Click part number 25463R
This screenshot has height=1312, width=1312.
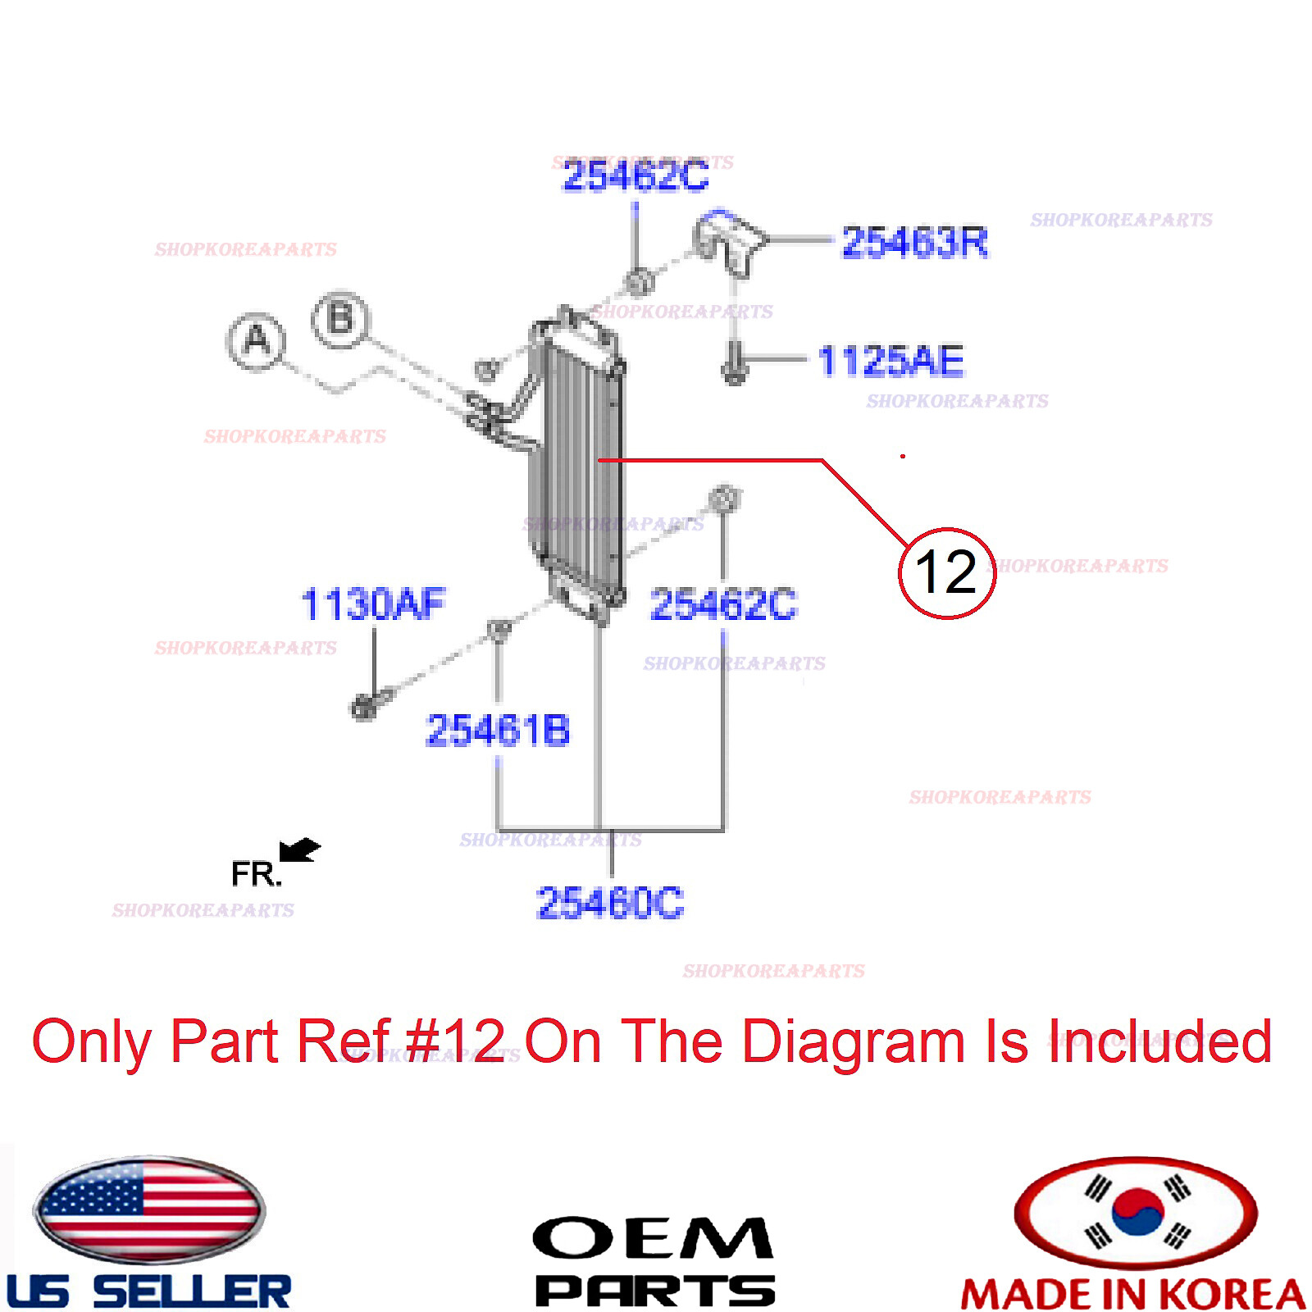(914, 242)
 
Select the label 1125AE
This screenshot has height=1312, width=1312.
(891, 361)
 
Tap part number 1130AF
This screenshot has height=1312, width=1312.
(373, 604)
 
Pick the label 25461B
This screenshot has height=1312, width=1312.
(498, 730)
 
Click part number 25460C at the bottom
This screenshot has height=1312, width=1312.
(609, 903)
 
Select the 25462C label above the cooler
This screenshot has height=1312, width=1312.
(635, 175)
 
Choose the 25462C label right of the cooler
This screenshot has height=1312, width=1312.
(722, 605)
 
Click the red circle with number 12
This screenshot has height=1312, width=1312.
(946, 572)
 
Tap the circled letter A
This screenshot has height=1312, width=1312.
(257, 340)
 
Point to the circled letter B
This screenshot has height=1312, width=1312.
(341, 319)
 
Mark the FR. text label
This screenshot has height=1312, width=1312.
(256, 874)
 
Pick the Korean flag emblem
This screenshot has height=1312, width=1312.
(1136, 1211)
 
